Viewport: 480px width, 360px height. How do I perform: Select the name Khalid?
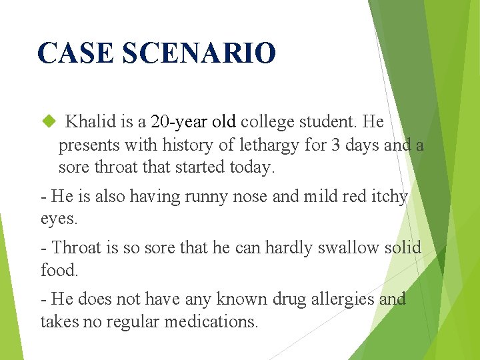coord(91,122)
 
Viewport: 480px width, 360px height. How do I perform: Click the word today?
coord(250,167)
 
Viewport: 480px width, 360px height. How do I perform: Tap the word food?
coord(58,270)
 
